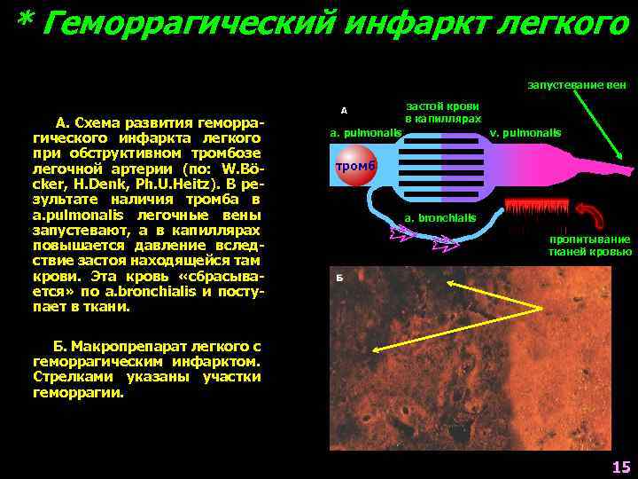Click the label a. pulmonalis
[365, 133]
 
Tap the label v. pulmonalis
[525, 133]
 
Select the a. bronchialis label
[440, 217]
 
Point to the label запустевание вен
[578, 85]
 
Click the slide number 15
[620, 467]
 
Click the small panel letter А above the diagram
[344, 111]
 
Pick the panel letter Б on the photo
[338, 277]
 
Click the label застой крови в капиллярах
[443, 111]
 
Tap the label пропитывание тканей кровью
[589, 246]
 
